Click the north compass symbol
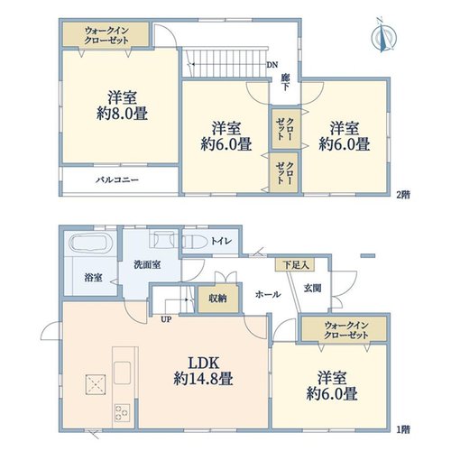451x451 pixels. (383, 36)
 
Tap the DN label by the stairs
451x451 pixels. (272, 65)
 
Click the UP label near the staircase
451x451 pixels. (166, 320)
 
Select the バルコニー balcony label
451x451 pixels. (117, 180)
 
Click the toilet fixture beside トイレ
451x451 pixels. (195, 241)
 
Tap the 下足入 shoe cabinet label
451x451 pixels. (296, 265)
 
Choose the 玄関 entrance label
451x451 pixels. (312, 289)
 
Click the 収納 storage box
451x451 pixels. (218, 299)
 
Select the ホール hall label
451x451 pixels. (268, 294)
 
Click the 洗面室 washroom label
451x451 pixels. (147, 265)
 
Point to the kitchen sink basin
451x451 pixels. (123, 373)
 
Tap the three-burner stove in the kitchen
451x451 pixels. (123, 413)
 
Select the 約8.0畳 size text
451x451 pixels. (122, 114)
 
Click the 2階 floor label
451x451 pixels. (403, 195)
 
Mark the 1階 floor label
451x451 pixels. (403, 429)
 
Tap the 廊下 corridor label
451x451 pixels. (285, 82)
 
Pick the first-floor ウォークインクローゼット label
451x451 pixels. (346, 330)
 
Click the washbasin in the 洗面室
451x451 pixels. (163, 239)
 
